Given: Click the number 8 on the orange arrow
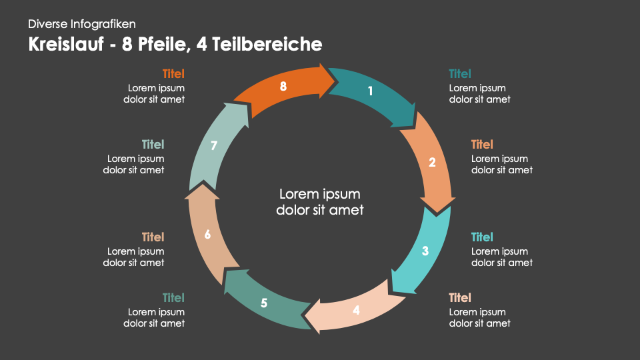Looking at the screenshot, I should point(283,86).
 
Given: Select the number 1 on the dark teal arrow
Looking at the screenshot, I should point(371,91).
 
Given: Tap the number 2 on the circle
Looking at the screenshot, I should point(432,162).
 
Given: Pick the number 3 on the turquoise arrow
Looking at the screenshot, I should point(425,251).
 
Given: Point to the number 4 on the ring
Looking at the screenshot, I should point(356,310).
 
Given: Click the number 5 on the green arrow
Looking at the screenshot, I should point(264,303).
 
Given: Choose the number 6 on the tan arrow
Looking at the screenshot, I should point(207,235).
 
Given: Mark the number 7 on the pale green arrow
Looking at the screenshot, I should point(214,146).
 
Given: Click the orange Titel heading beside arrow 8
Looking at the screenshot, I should point(173,74).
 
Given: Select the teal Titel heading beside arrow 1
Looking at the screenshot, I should point(460,74).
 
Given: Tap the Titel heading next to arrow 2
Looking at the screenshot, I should point(482,145).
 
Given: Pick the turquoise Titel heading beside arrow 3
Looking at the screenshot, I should point(482,237).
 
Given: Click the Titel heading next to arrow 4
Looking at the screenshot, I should point(460,298).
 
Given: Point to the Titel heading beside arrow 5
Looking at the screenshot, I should point(173,298).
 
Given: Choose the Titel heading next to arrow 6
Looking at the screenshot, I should point(153,237).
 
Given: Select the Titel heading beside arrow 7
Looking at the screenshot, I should point(153,145).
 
